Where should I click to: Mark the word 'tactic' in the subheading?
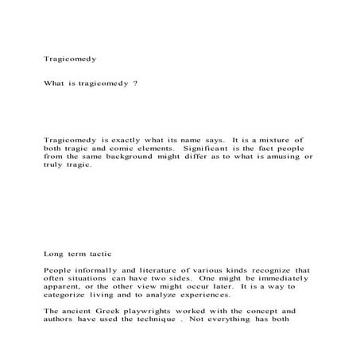[x=102, y=254]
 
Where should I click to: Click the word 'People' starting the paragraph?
[x=58, y=271]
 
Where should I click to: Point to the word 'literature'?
[x=156, y=271]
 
